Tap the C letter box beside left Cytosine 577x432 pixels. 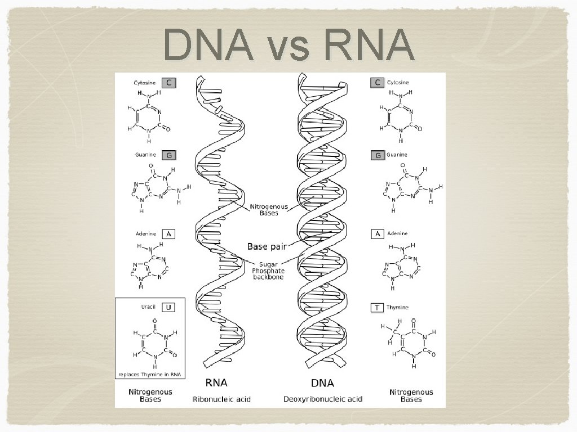168,82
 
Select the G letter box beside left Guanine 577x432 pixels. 168,155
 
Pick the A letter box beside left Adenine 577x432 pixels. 168,233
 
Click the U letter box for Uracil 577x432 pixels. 168,307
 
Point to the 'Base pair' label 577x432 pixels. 267,246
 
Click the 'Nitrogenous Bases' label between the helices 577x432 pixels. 269,210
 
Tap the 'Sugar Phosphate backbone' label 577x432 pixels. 272,271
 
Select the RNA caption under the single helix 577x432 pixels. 216,383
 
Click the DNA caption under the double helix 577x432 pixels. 322,383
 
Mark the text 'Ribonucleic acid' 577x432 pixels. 221,399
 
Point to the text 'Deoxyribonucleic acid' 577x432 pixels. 322,399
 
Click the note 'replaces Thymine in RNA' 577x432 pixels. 150,373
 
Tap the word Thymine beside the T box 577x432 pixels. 398,308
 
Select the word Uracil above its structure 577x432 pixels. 148,307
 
